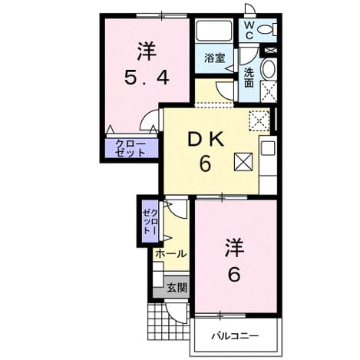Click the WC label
point(249,30)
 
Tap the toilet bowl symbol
point(267,29)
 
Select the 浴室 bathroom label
point(214,58)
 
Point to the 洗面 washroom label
point(249,78)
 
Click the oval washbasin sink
point(268,68)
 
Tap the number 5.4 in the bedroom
point(147,78)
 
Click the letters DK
point(206,140)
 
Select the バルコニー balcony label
point(235,335)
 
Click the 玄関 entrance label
point(177,288)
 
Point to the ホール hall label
point(170,254)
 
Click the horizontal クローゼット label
point(130,148)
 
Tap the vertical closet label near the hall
point(150,222)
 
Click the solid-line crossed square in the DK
point(243,162)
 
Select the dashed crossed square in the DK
point(259,121)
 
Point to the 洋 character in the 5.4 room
point(147,52)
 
